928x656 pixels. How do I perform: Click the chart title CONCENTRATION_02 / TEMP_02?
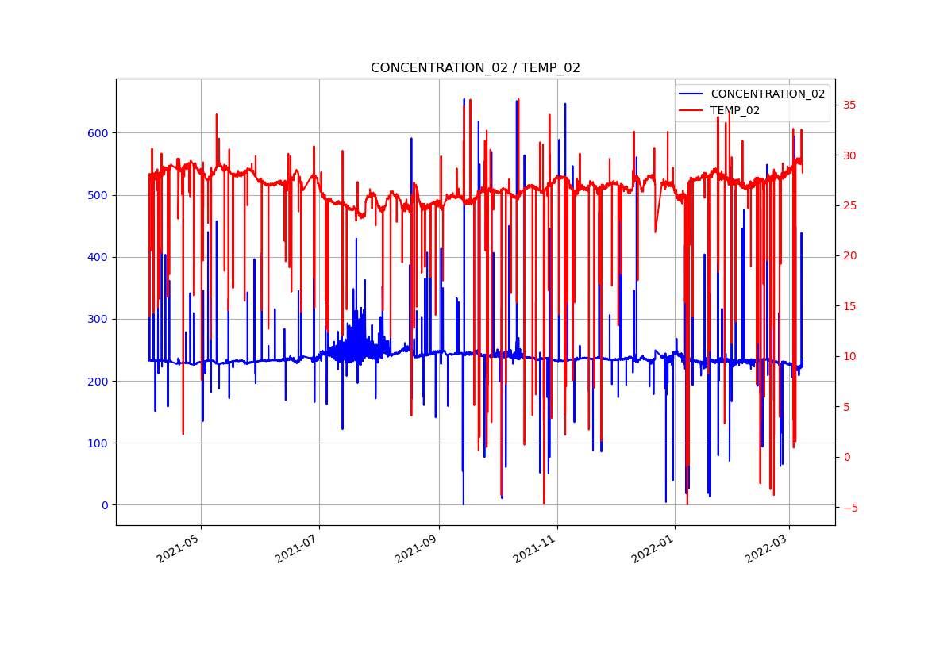click(475, 68)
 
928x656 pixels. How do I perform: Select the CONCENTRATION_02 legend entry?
click(767, 94)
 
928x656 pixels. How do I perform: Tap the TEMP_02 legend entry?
click(734, 110)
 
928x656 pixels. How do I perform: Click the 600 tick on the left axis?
click(98, 133)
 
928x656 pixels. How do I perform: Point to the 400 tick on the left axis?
click(98, 257)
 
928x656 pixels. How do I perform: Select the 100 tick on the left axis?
click(98, 443)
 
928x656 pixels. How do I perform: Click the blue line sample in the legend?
click(691, 94)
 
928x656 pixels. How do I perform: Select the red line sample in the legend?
click(691, 110)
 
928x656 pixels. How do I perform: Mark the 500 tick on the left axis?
click(98, 195)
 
